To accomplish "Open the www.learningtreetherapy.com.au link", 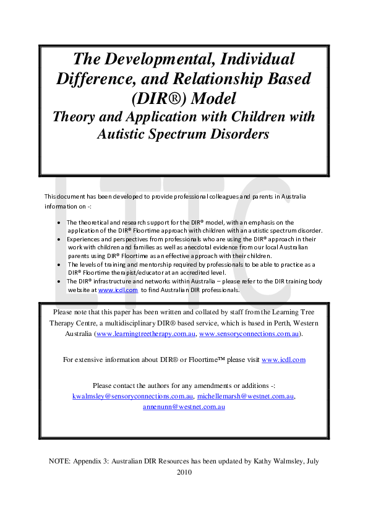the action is (x=146, y=334).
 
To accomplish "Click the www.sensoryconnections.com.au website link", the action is (x=249, y=334).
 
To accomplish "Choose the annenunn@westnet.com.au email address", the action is (x=184, y=407).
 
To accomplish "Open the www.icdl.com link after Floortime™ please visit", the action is (x=283, y=360).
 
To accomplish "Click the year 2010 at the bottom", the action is (x=184, y=472).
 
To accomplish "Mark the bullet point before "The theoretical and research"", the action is (x=58, y=222).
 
